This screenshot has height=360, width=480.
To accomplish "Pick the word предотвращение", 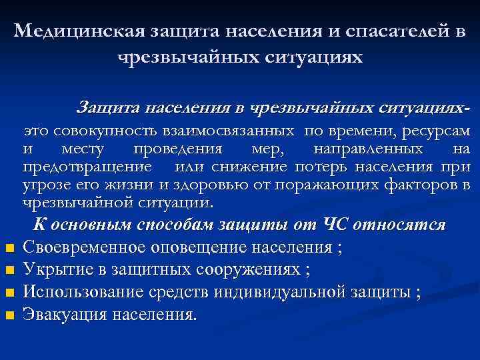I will point(87,166).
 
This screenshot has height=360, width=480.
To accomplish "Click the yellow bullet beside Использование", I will point(9,293).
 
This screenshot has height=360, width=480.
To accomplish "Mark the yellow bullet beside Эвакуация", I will point(9,315).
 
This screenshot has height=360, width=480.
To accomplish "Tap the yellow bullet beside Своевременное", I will point(9,249).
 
